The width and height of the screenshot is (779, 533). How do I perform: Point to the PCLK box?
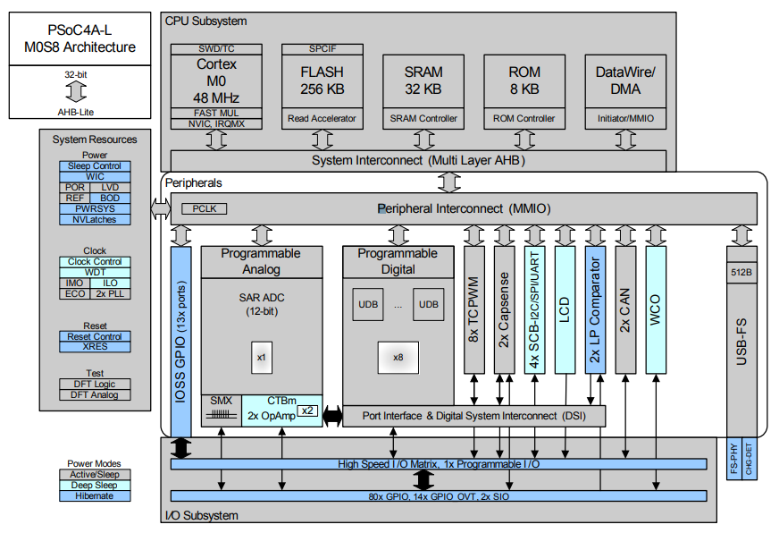point(204,208)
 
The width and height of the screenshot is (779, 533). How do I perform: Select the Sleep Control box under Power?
point(95,166)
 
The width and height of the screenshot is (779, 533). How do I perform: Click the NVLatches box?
point(95,219)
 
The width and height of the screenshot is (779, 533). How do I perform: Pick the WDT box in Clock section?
point(95,272)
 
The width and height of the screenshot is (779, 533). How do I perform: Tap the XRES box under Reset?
point(95,347)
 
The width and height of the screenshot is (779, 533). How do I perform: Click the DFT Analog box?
point(95,394)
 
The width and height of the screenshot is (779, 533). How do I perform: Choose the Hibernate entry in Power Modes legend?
point(95,495)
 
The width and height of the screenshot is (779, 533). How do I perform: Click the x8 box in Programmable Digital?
point(398,358)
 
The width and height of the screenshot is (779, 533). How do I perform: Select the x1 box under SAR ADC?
point(261,358)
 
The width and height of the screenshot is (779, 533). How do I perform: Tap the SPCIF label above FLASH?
point(322,48)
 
